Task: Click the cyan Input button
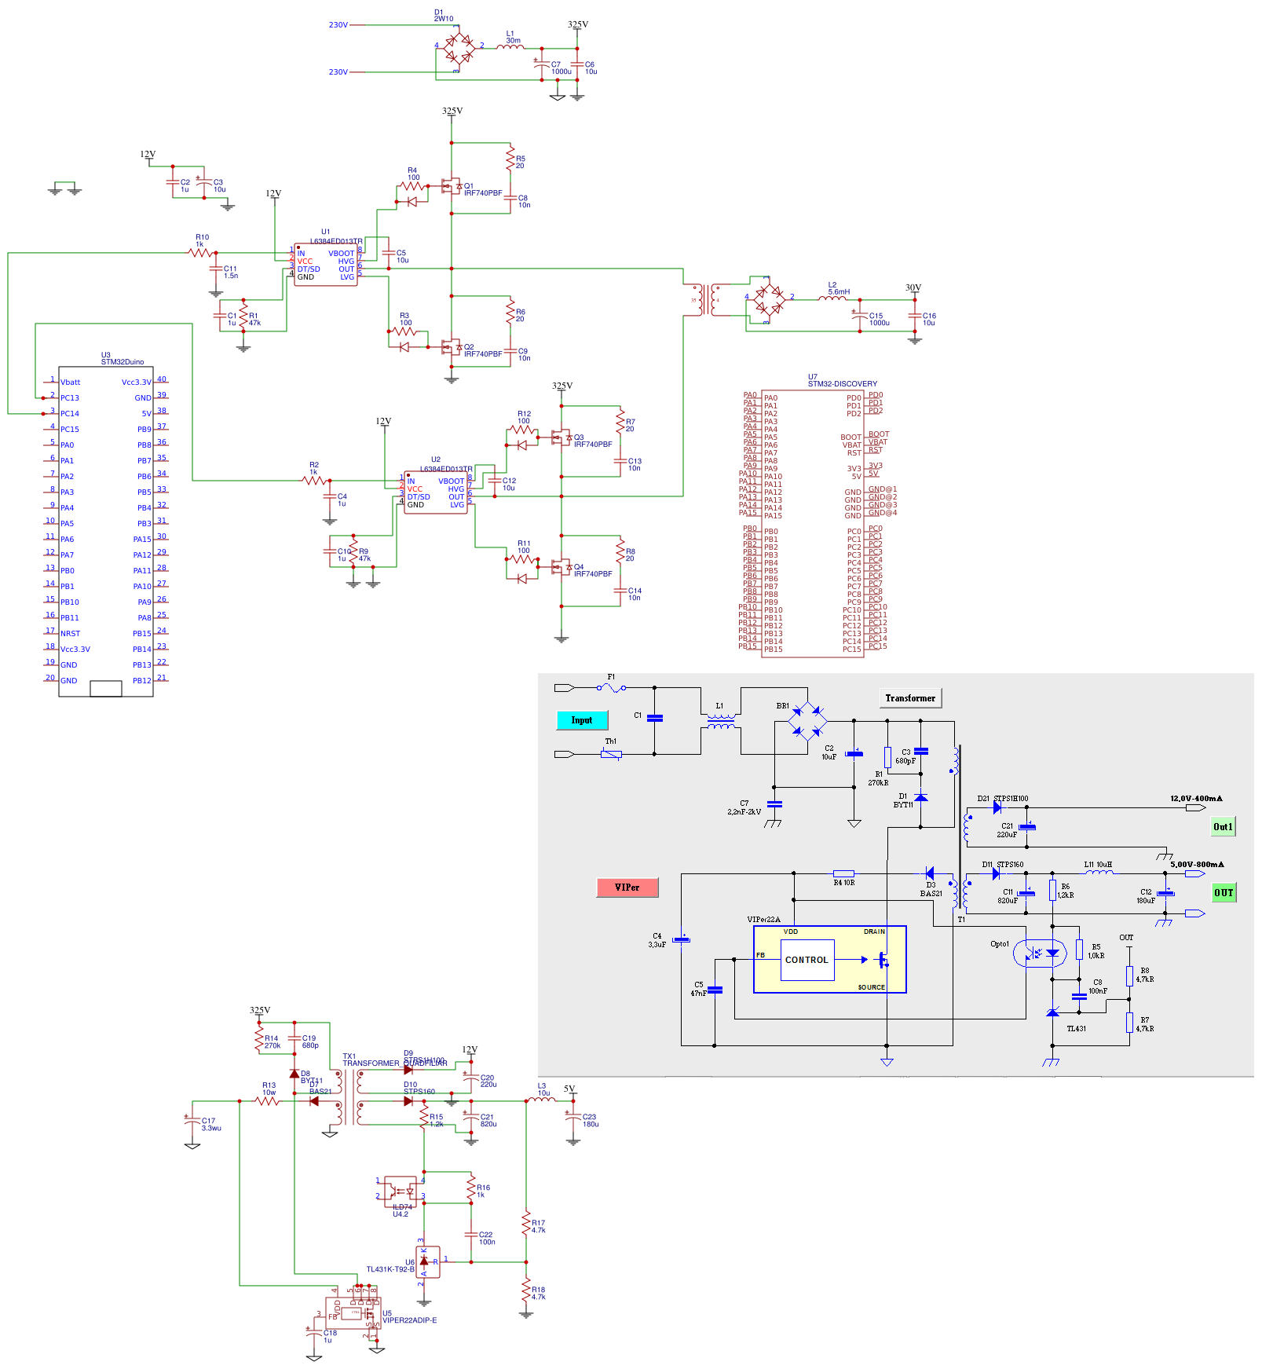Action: point(582,720)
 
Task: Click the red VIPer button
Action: point(627,888)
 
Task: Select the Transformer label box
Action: point(910,698)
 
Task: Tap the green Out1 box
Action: point(1223,826)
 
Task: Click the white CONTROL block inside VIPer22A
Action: point(807,960)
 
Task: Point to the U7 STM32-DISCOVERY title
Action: point(842,381)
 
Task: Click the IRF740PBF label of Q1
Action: point(482,193)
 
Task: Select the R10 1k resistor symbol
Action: point(200,252)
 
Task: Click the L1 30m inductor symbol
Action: point(510,47)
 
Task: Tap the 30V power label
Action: point(913,288)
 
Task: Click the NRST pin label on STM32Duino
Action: point(71,634)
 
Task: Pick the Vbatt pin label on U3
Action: point(71,383)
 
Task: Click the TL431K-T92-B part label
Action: point(390,1269)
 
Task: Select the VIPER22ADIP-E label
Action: point(409,1320)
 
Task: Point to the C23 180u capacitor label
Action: point(590,1120)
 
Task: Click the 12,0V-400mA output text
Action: point(1195,799)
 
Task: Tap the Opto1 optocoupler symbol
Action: point(1039,954)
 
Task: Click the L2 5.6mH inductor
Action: point(832,298)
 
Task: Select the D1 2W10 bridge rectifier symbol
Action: point(458,49)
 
